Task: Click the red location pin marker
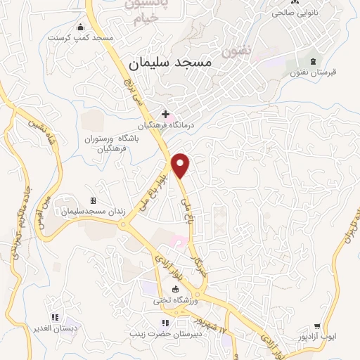[x=181, y=165]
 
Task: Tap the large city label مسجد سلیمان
[x=171, y=63]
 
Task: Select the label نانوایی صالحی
[x=290, y=13]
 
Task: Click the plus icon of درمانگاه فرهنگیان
[x=166, y=114]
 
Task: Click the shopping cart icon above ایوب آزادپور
[x=318, y=326]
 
